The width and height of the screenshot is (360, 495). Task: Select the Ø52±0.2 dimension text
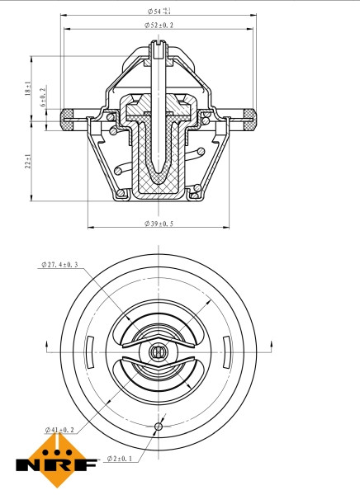157,26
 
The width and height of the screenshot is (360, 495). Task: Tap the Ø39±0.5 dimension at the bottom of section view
159,224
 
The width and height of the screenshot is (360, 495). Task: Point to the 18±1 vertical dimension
28,89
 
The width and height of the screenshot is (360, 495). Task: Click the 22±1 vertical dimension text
28,162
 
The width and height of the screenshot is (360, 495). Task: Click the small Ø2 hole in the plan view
158,426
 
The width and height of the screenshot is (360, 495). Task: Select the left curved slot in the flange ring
86,351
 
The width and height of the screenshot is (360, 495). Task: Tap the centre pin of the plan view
158,351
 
